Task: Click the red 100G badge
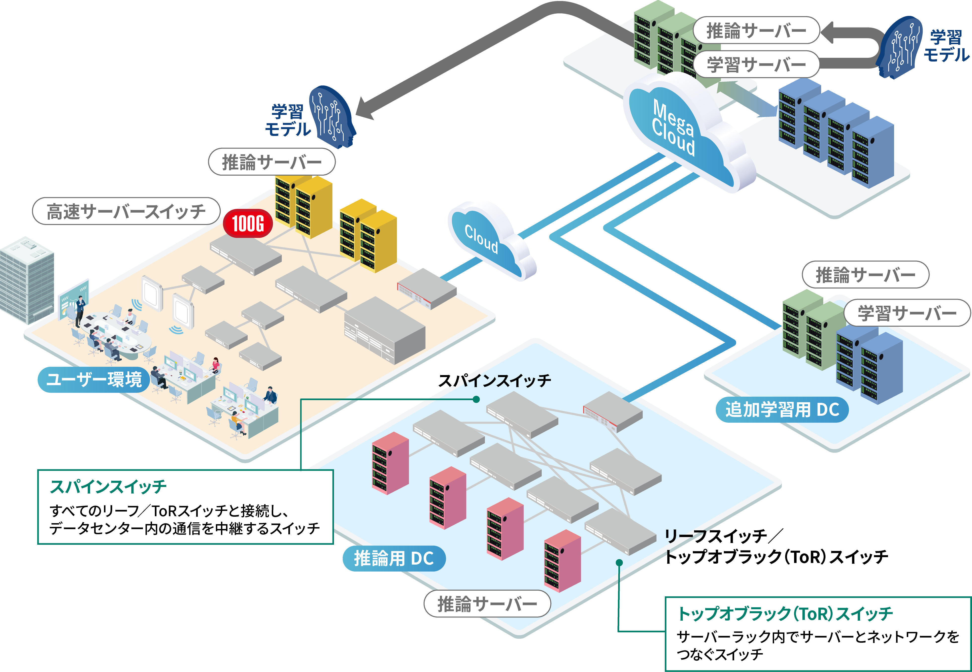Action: click(x=248, y=223)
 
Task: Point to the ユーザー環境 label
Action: click(x=94, y=379)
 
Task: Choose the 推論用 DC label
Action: click(x=394, y=559)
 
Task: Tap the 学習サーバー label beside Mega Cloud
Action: click(x=756, y=64)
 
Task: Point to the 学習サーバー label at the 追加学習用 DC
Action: click(x=907, y=313)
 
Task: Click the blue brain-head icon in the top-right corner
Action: click(x=899, y=47)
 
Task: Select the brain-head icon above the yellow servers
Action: click(x=331, y=117)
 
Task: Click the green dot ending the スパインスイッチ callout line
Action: click(x=476, y=399)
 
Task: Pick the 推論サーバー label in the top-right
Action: click(x=756, y=30)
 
